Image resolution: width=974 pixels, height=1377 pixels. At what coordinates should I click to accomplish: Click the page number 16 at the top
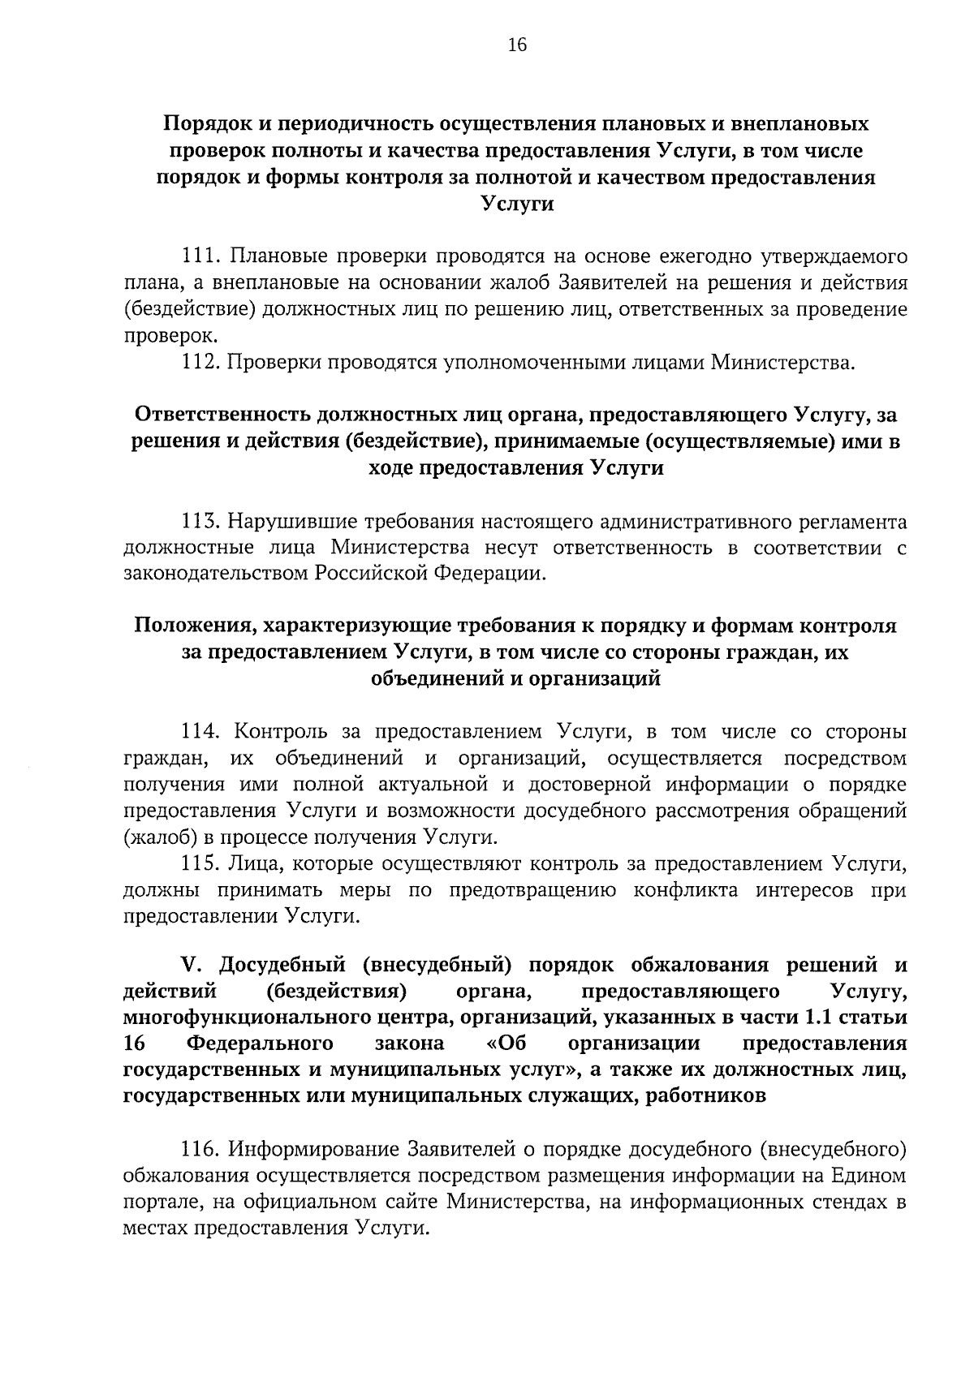(x=518, y=45)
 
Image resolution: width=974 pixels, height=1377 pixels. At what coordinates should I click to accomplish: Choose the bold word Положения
(x=192, y=626)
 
